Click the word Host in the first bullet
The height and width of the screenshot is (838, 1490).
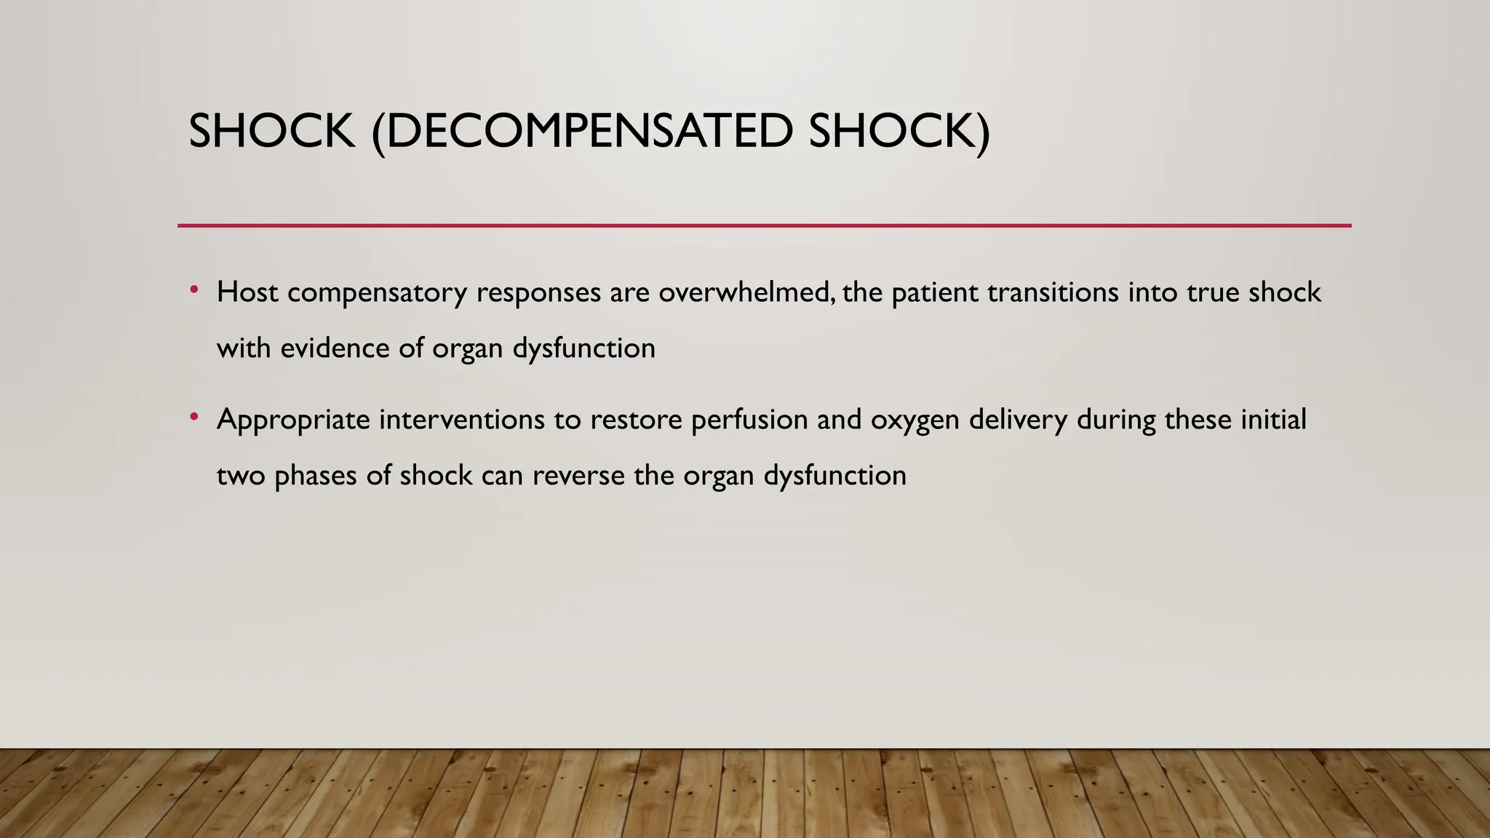click(x=247, y=292)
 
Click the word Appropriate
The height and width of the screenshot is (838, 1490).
click(x=293, y=420)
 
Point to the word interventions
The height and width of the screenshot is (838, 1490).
click(x=461, y=420)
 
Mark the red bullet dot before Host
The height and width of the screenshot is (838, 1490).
click(x=194, y=290)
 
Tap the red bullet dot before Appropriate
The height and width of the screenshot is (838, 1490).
click(x=194, y=418)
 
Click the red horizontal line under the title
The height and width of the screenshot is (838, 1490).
click(x=764, y=226)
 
